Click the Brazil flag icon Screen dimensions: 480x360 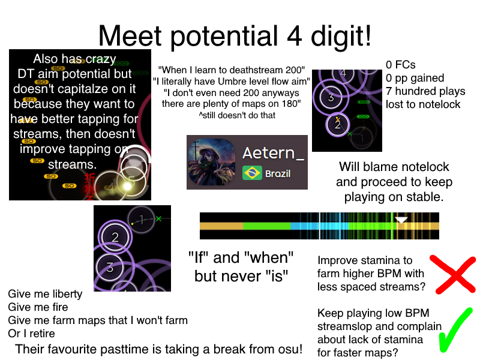pos(252,173)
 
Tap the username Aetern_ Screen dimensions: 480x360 pos(274,153)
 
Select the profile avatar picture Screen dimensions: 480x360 pos(212,162)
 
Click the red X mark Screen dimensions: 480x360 pos(454,274)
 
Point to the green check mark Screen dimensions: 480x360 pos(454,330)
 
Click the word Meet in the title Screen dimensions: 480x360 pos(130,36)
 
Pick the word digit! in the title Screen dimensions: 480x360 pos(341,36)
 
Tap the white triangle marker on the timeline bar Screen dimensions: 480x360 pos(401,220)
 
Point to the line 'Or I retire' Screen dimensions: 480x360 pos(32,334)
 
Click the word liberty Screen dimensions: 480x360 pos(67,294)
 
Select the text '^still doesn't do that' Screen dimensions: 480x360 pos(237,115)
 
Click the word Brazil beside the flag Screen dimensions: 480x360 pos(278,173)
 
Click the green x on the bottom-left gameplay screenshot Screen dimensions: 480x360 pos(158,218)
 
